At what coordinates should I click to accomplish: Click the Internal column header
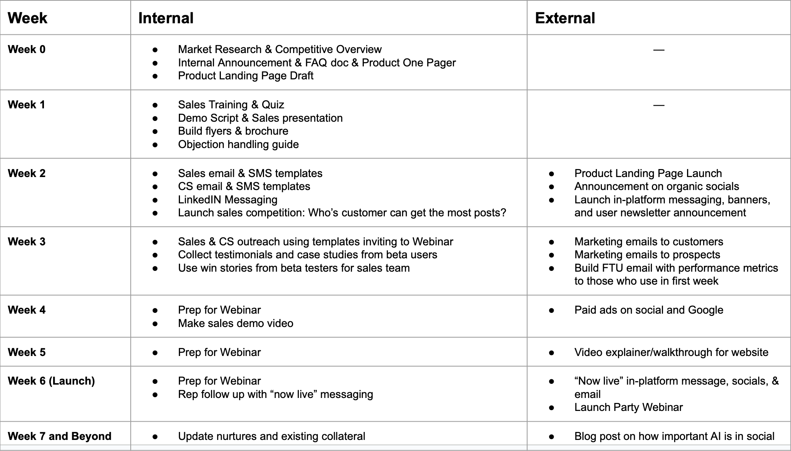coord(166,18)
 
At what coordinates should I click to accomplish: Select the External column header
coord(565,18)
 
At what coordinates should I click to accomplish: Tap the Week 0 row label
coord(26,49)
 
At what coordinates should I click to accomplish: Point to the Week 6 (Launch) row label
coord(51,381)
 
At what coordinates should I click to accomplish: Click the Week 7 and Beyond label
coord(60,436)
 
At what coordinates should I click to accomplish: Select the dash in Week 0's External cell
coord(659,50)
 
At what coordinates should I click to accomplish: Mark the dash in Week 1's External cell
coord(659,105)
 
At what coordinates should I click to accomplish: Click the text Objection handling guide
coord(238,144)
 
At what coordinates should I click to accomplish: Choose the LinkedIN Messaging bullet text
coord(227,200)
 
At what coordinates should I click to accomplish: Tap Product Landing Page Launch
coord(648,173)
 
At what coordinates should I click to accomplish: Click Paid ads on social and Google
coord(648,310)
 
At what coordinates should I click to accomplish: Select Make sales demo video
coord(235,323)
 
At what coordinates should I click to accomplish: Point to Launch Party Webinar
coord(628,407)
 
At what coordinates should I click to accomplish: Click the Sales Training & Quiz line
coord(231,105)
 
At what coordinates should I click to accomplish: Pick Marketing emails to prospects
coord(647,254)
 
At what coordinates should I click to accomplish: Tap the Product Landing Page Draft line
coord(245,76)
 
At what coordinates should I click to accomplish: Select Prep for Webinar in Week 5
coord(219,352)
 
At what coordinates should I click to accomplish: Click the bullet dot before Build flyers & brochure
coord(155,131)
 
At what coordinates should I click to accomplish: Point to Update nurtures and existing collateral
coord(271,436)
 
